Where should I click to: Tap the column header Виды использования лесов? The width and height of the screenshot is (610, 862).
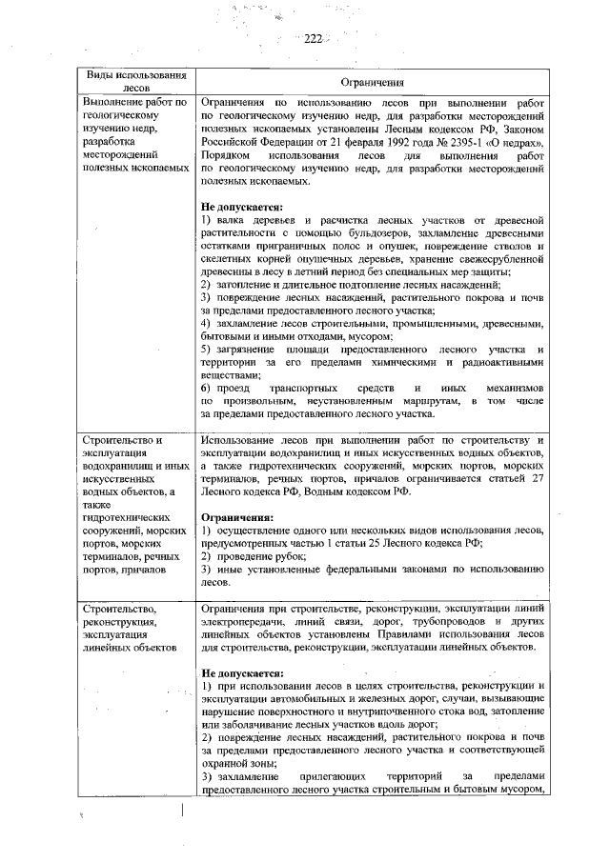point(134,82)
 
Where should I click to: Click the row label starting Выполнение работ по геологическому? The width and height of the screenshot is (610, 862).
point(134,141)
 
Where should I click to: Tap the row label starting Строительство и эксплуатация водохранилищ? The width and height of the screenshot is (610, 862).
point(134,504)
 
